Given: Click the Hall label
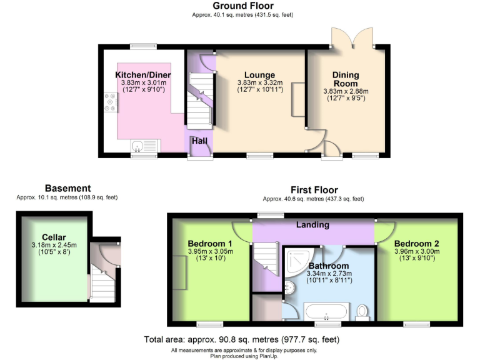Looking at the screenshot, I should pos(199,141).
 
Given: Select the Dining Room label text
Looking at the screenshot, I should pos(344,79).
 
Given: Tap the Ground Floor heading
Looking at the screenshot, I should pos(242,6).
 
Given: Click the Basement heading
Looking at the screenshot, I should pos(67,188).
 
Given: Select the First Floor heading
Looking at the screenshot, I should pos(314,190).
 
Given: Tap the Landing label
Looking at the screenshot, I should pos(312,224).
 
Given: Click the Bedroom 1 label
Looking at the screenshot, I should pos(210,244).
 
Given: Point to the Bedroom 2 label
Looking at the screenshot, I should pos(416,243).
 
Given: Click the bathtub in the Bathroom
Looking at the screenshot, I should pos(326,311).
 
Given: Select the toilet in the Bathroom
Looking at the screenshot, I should pos(362,311).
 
